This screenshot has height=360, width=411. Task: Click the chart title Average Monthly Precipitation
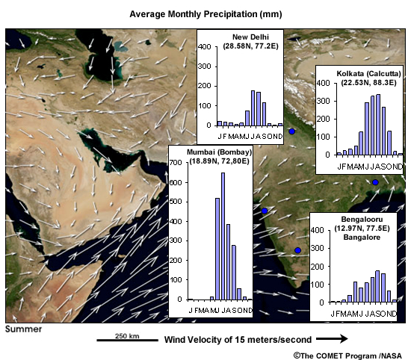pos(205,13)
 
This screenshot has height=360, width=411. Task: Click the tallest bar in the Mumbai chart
pos(223,236)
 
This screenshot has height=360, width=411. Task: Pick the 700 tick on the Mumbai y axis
pos(178,162)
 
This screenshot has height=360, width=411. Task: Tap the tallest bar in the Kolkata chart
pos(377,124)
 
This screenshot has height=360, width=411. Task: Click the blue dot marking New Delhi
pos(292,131)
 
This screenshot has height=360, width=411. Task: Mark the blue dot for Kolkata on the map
pos(375,182)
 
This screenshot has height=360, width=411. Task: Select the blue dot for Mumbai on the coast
pos(265,211)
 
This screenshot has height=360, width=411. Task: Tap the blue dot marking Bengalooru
pos(297,250)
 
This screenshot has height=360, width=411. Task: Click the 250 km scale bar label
pos(127,336)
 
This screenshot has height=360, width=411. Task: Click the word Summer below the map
pos(24,329)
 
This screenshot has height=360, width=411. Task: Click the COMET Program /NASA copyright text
pos(347,354)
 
